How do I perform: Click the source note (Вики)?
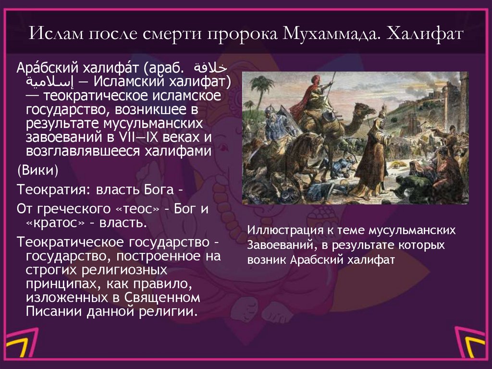click(x=38, y=171)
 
